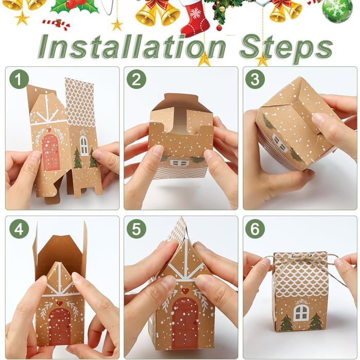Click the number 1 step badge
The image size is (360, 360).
20,80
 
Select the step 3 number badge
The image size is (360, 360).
255,80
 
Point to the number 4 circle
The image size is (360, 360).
20,229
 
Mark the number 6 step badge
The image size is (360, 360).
255,229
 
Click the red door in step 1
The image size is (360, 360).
50,152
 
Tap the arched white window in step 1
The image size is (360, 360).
84,146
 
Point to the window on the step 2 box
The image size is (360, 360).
178,163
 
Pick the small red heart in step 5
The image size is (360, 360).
185,291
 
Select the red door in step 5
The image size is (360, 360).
185,321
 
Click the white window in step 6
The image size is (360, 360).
301,312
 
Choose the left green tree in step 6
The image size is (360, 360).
285,322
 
